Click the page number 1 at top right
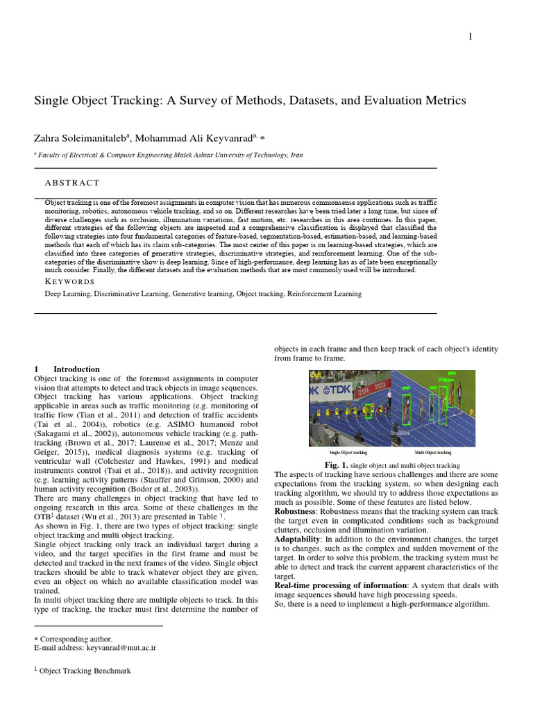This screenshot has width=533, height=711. click(471, 37)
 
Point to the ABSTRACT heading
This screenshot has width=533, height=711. click(72, 183)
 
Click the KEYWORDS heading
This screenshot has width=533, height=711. click(69, 281)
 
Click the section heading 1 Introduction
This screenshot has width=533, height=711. click(67, 369)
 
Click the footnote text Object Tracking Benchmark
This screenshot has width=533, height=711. click(84, 671)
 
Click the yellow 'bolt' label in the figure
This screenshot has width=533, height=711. click(316, 375)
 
